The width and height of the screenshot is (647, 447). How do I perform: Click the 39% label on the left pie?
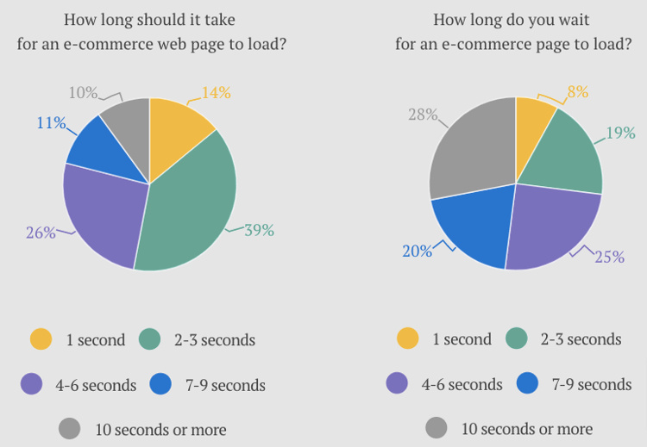[258, 230]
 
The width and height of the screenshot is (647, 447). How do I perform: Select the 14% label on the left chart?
[216, 93]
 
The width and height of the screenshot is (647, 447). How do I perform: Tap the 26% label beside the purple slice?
[41, 232]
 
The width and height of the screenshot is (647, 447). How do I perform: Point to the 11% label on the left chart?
[51, 122]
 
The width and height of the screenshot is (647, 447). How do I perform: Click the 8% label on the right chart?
[577, 92]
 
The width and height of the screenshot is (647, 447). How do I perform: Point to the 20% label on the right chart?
[417, 251]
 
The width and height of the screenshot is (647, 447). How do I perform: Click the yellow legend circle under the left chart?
[41, 339]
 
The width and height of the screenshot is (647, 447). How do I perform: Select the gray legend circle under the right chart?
[436, 428]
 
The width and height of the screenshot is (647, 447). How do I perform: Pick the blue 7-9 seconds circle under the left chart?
[160, 384]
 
